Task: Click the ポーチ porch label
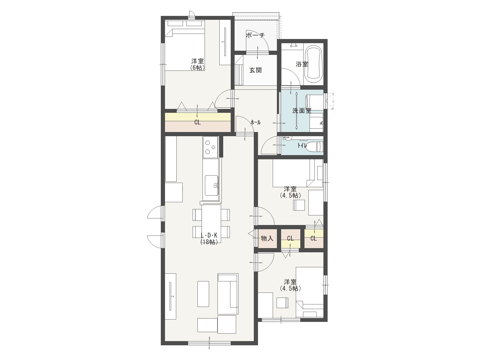click(x=255, y=35)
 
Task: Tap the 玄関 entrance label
click(x=255, y=70)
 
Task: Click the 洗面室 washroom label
click(x=302, y=111)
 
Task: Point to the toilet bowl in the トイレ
click(x=314, y=146)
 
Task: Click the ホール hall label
click(x=255, y=122)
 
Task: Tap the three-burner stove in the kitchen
click(x=210, y=147)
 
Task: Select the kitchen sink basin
click(x=211, y=186)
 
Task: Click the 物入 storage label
click(x=267, y=238)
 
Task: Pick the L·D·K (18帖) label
click(x=209, y=238)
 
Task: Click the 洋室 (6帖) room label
click(x=197, y=64)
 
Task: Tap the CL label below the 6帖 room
click(x=197, y=122)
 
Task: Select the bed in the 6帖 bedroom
click(x=185, y=46)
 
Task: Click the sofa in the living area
click(x=228, y=294)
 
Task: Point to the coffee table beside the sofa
click(x=203, y=294)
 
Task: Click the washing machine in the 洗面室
click(x=314, y=103)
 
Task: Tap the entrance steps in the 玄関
click(x=239, y=70)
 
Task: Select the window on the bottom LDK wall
click(x=209, y=343)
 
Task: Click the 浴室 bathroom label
click(x=302, y=64)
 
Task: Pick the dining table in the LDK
click(x=211, y=223)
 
